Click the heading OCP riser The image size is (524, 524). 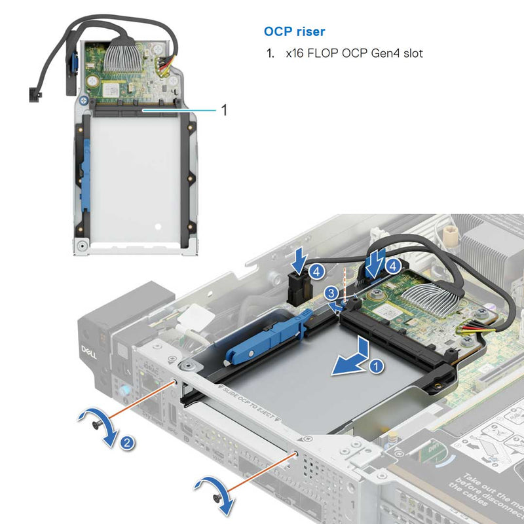pos(294,31)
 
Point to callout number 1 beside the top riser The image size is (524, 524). pos(225,110)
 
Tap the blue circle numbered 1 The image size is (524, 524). pos(374,367)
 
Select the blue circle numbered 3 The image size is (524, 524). pos(333,292)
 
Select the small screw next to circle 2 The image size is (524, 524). pos(98,425)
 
